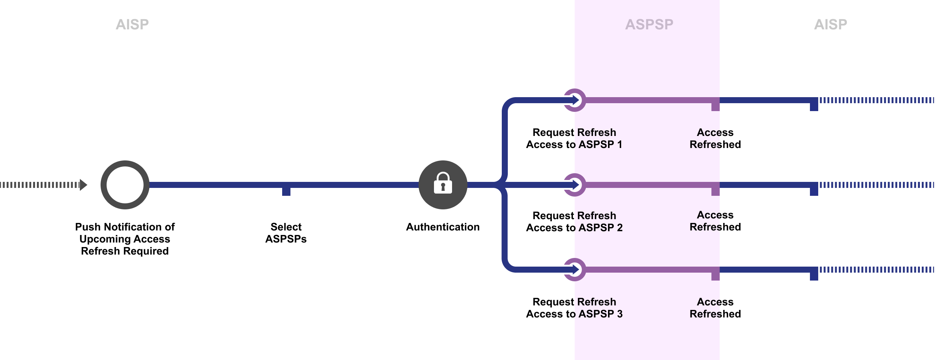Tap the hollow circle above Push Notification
[125, 185]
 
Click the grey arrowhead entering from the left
[84, 185]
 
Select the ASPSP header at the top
[649, 24]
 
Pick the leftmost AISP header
[132, 24]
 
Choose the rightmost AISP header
[830, 24]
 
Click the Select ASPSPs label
[286, 233]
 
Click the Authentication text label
[443, 227]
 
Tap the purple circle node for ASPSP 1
[574, 100]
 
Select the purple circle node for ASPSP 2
[574, 185]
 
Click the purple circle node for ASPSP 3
[574, 270]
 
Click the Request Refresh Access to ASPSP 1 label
[574, 138]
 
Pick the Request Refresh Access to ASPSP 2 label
[574, 221]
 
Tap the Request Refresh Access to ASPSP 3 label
[574, 308]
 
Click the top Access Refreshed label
[715, 138]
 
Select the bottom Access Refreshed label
[715, 308]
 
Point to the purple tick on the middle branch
[715, 190]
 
